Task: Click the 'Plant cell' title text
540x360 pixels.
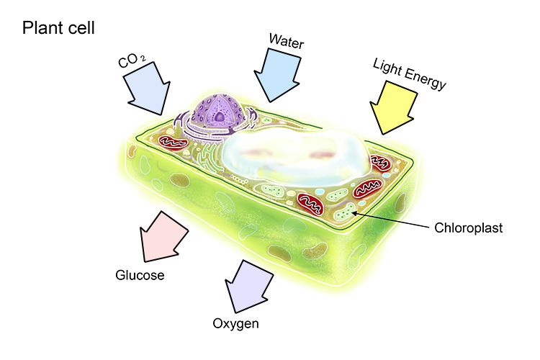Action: click(x=59, y=28)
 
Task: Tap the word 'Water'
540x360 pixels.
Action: click(x=287, y=41)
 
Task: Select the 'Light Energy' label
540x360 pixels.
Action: click(x=410, y=75)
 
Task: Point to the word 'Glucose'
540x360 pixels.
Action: click(x=140, y=275)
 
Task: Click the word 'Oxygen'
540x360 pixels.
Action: click(x=235, y=323)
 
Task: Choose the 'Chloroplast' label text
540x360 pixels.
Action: click(x=469, y=229)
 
